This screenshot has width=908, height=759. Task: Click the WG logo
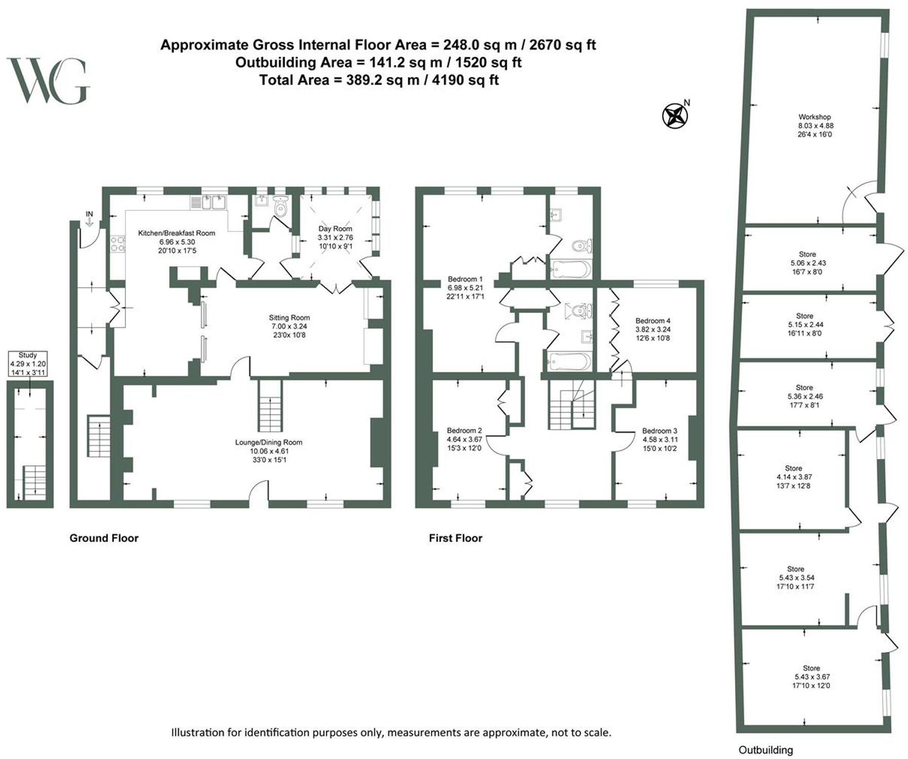point(48,81)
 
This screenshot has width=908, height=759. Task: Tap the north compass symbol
point(675,116)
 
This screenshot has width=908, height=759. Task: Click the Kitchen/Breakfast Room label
point(177,241)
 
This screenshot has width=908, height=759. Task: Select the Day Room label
point(335,237)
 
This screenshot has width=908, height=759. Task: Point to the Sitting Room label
point(289,326)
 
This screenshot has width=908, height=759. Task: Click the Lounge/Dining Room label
point(268,451)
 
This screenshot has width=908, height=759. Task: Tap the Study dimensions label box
point(28,364)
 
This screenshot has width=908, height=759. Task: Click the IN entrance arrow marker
point(89,219)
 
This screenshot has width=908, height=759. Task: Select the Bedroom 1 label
point(465,287)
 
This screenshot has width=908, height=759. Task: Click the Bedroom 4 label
point(653,329)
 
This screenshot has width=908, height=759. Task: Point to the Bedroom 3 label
point(659,439)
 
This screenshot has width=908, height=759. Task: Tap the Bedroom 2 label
point(464,439)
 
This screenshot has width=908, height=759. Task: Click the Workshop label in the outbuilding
point(815,125)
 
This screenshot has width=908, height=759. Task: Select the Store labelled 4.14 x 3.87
point(793,476)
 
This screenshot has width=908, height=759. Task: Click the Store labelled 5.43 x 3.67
point(812,676)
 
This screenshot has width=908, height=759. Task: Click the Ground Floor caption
point(104,538)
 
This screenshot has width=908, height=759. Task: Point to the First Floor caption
point(456,538)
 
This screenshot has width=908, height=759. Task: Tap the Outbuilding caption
point(765,750)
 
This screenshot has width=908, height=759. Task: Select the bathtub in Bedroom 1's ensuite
point(571,269)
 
